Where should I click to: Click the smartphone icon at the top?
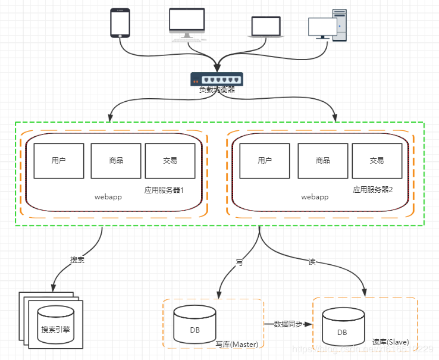(x=120, y=23)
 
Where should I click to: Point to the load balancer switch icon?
(x=217, y=79)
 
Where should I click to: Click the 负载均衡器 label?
(x=217, y=90)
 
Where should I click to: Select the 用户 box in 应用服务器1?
(x=58, y=161)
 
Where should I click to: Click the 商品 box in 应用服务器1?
(x=116, y=161)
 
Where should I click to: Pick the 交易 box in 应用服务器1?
(x=170, y=161)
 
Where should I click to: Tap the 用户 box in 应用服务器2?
(x=265, y=161)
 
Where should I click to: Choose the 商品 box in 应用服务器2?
(x=322, y=161)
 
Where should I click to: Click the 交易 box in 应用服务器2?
(x=377, y=161)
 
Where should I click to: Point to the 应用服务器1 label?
(x=164, y=190)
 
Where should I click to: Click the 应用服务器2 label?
(x=373, y=190)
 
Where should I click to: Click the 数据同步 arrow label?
(x=288, y=324)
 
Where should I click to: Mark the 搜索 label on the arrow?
(x=77, y=260)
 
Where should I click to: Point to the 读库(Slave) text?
(x=390, y=342)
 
